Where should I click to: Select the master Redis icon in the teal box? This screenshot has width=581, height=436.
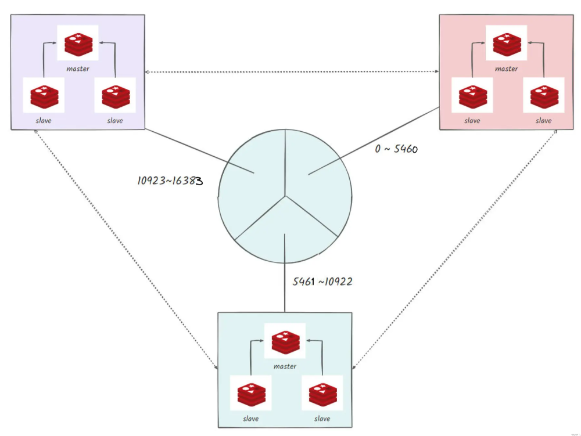pos(285,342)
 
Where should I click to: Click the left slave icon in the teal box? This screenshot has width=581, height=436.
pos(251,395)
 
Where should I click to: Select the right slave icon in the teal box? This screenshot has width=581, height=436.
pos(322,395)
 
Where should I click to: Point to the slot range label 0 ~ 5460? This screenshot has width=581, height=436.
pos(397,149)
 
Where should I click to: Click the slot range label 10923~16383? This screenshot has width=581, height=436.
pos(170,181)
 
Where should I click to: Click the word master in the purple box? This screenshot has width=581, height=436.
pos(78,69)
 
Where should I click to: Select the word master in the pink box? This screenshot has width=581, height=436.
pos(506,69)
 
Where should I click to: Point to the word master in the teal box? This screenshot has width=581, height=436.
pos(285,366)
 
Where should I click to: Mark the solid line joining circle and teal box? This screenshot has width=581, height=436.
pos(285,290)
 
